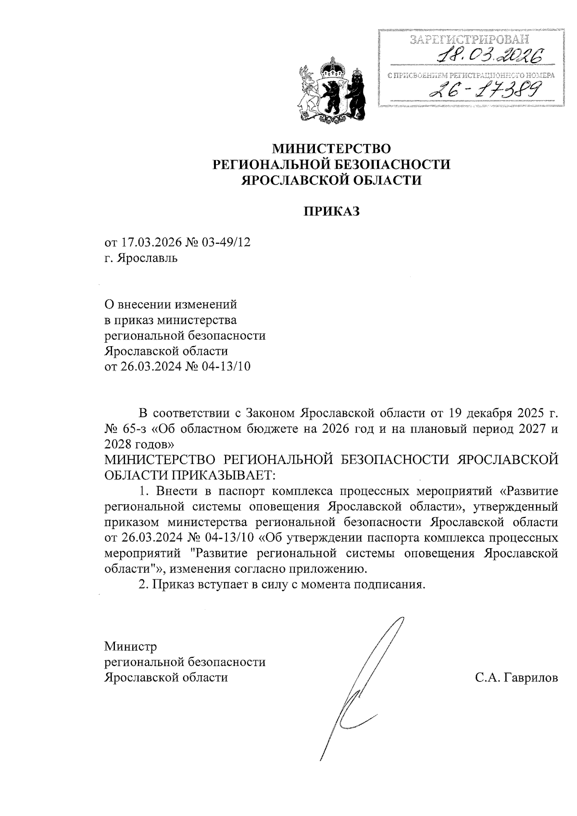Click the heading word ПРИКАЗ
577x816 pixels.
pyautogui.click(x=332, y=212)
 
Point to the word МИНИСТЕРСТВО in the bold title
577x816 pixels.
pyautogui.click(x=332, y=148)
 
